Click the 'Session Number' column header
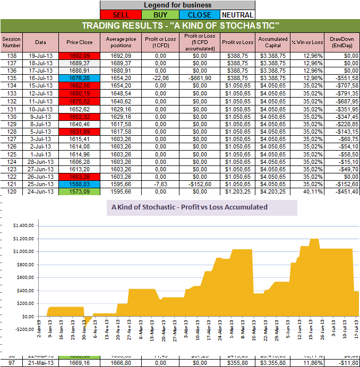[11, 42]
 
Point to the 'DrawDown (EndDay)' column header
[341, 42]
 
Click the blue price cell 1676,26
[79, 78]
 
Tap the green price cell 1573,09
[79, 191]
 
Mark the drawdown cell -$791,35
[341, 93]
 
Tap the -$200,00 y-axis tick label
[22, 329]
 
